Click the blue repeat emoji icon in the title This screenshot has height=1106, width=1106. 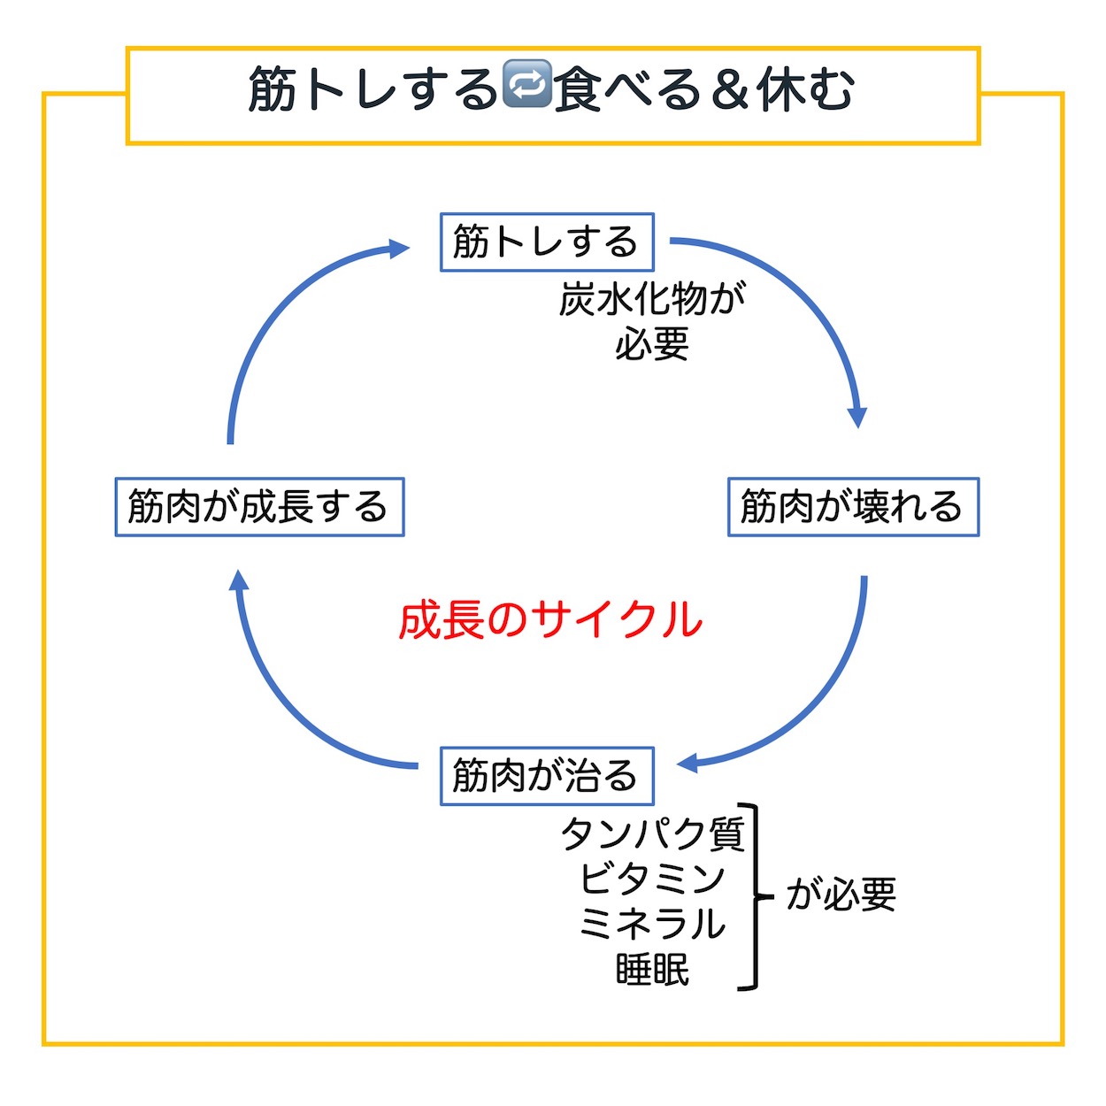(x=526, y=83)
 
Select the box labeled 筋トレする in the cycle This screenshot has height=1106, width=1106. (x=547, y=242)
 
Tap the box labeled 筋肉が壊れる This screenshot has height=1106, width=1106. (x=854, y=507)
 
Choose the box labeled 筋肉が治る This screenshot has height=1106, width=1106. (x=547, y=776)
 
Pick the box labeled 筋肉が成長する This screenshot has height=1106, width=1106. (x=259, y=507)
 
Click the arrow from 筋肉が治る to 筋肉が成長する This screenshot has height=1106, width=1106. (x=287, y=705)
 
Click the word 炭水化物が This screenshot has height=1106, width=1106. (x=652, y=300)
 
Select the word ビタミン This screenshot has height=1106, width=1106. (x=653, y=879)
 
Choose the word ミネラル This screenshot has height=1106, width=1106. (x=653, y=925)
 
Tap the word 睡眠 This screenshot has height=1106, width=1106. (x=653, y=971)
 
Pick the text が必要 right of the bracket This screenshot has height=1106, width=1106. (x=841, y=896)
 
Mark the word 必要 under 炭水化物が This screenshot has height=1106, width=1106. (x=652, y=345)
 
